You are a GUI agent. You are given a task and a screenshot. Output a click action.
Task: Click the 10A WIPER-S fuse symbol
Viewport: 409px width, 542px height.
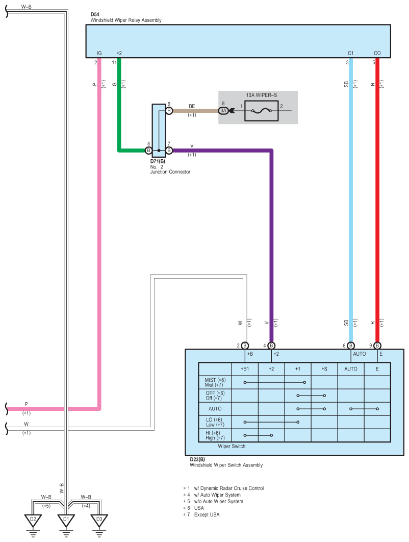pyautogui.click(x=262, y=111)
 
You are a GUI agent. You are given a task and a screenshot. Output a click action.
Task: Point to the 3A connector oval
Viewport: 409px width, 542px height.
pyautogui.click(x=223, y=111)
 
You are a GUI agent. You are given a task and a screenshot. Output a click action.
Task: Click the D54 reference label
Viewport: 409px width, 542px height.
pyautogui.click(x=95, y=14)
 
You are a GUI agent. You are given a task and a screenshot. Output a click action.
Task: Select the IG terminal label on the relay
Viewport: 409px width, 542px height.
pyautogui.click(x=99, y=53)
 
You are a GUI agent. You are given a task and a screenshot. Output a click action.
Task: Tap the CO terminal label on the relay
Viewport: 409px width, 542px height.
pyautogui.click(x=377, y=53)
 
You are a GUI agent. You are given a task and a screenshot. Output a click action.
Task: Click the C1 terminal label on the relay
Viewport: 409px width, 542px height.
pyautogui.click(x=351, y=53)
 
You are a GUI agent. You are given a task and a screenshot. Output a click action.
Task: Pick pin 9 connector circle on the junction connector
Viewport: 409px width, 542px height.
pyautogui.click(x=169, y=111)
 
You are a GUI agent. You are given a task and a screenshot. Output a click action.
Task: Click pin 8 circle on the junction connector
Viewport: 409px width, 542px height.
pyautogui.click(x=148, y=151)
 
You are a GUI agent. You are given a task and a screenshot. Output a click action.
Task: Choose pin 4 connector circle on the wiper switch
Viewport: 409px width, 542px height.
pyautogui.click(x=271, y=346)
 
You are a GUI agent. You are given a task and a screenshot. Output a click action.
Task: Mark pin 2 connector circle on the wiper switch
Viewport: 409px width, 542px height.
pyautogui.click(x=245, y=346)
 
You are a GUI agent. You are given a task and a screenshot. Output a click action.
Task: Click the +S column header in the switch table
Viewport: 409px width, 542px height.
pyautogui.click(x=324, y=369)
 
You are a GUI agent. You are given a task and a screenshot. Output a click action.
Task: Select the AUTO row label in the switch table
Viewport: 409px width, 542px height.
pyautogui.click(x=215, y=409)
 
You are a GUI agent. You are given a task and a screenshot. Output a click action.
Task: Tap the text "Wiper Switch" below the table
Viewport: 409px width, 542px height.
pyautogui.click(x=232, y=446)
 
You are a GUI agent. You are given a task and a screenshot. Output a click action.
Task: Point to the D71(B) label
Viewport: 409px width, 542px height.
pyautogui.click(x=158, y=161)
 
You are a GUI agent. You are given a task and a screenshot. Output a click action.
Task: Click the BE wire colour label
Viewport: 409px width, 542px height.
pyautogui.click(x=192, y=106)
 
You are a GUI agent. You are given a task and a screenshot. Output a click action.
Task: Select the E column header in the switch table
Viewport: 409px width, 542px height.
pyautogui.click(x=377, y=369)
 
